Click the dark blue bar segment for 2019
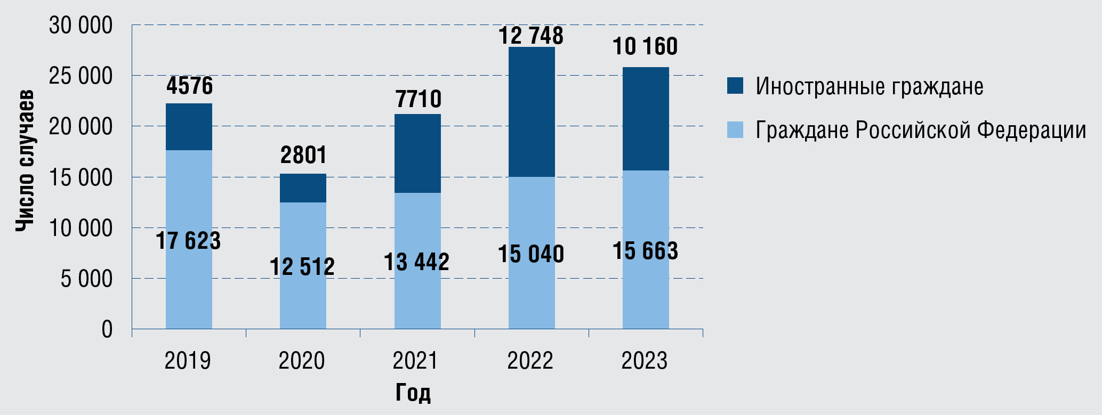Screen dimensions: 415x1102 click(x=189, y=127)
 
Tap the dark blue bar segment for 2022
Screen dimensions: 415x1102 click(x=532, y=112)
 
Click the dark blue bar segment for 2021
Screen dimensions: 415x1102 click(x=417, y=153)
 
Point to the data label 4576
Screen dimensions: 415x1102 click(x=189, y=86)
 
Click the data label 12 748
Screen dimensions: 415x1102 click(x=531, y=36)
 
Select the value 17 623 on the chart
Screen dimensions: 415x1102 click(x=188, y=241)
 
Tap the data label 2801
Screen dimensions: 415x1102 click(x=303, y=155)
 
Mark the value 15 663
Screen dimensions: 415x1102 click(x=645, y=251)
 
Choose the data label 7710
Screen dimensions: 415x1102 click(x=419, y=99)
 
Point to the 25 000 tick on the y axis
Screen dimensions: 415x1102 click(x=81, y=76)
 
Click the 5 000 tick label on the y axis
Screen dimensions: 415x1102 click(x=86, y=279)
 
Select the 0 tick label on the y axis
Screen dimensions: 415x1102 click(x=107, y=329)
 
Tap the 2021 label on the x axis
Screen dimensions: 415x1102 click(x=415, y=361)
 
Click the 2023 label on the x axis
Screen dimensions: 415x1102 click(x=644, y=361)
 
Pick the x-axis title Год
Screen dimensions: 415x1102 click(x=413, y=393)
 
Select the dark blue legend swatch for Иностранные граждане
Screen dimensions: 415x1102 click(x=735, y=86)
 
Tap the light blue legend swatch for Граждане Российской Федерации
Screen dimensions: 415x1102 click(x=735, y=130)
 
